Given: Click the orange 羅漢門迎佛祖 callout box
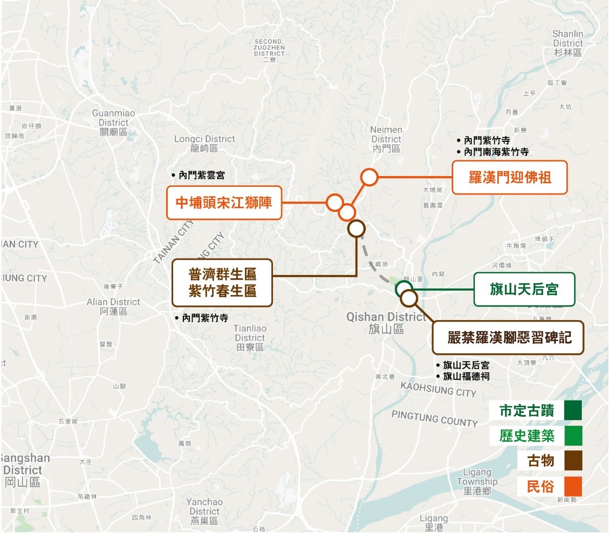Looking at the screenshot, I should tap(510, 177).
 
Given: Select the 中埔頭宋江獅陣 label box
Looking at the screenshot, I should tap(224, 203).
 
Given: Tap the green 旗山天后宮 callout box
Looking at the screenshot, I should tap(524, 289).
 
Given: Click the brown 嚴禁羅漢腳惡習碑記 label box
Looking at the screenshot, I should tap(509, 337).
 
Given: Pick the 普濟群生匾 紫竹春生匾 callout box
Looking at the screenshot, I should tap(222, 283).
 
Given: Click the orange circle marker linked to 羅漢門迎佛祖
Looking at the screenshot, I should tap(369, 177).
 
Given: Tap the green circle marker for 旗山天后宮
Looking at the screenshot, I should tap(403, 289).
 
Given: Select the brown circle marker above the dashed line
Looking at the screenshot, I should tap(356, 229).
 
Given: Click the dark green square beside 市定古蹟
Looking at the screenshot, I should tap(573, 411).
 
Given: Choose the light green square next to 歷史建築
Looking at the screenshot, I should tap(573, 436).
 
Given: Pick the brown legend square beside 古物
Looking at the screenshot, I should tap(573, 461).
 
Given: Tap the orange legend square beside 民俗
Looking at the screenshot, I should tap(573, 486).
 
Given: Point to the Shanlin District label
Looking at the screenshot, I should tap(568, 43).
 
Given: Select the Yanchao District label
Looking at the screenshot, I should tap(204, 511).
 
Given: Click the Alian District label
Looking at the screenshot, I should tap(113, 306).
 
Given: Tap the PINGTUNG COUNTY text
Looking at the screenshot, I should tap(434, 418).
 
